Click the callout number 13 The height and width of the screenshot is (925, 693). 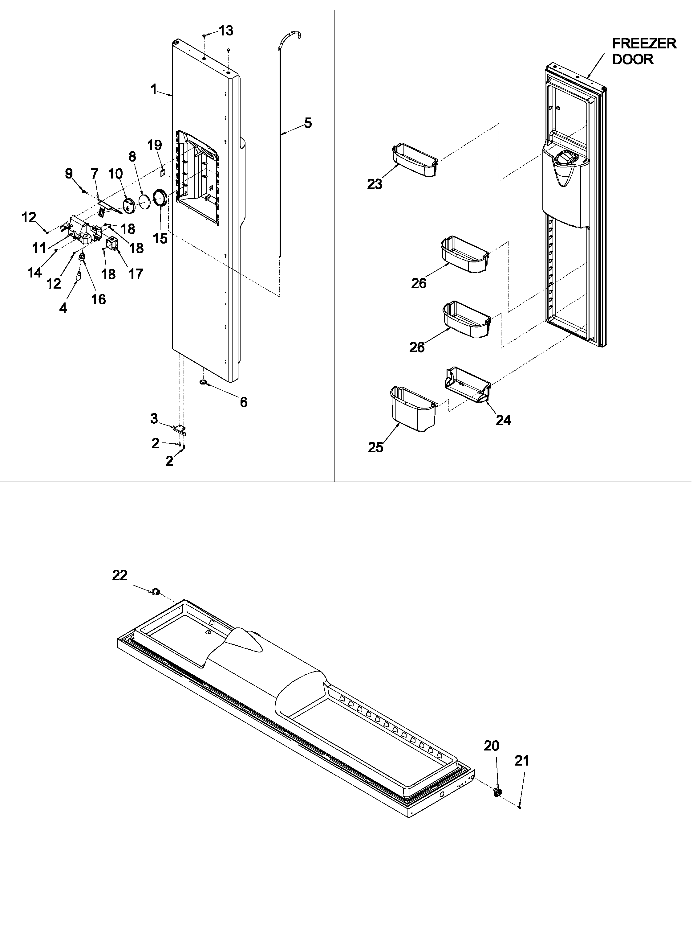pos(226,31)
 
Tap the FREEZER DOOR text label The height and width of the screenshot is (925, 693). pos(643,51)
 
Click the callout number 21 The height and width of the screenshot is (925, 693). pos(522,761)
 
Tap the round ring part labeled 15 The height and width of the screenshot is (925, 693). pos(160,197)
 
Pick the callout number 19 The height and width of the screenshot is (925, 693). pos(155,146)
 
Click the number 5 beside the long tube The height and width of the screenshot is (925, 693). pos(307,123)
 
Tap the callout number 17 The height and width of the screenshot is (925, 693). pos(136,274)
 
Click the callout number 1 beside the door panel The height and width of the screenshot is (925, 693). pos(154,89)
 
